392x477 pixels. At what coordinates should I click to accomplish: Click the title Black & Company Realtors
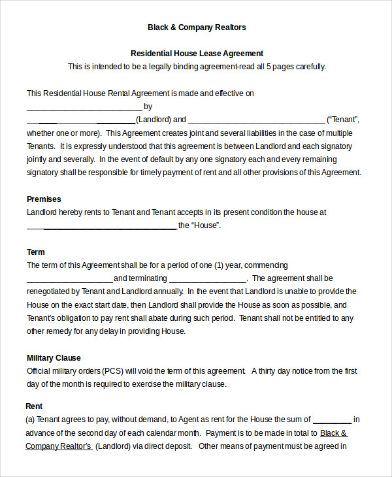tap(197, 27)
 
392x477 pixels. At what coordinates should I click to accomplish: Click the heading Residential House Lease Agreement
tap(197, 53)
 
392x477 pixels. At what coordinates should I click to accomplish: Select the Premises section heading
tap(44, 199)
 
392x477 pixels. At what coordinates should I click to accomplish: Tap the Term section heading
tap(36, 252)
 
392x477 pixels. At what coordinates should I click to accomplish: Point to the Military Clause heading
tap(54, 357)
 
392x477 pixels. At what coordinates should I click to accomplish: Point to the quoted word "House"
tap(206, 225)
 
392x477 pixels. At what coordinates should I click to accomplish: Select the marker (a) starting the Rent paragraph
tap(30, 419)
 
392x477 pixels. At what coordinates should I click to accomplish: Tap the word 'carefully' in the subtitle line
tap(308, 67)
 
